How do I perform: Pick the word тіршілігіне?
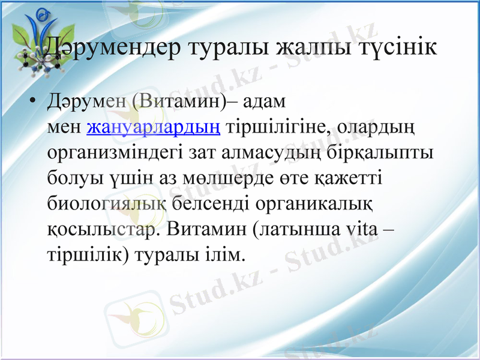pos(277,128)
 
